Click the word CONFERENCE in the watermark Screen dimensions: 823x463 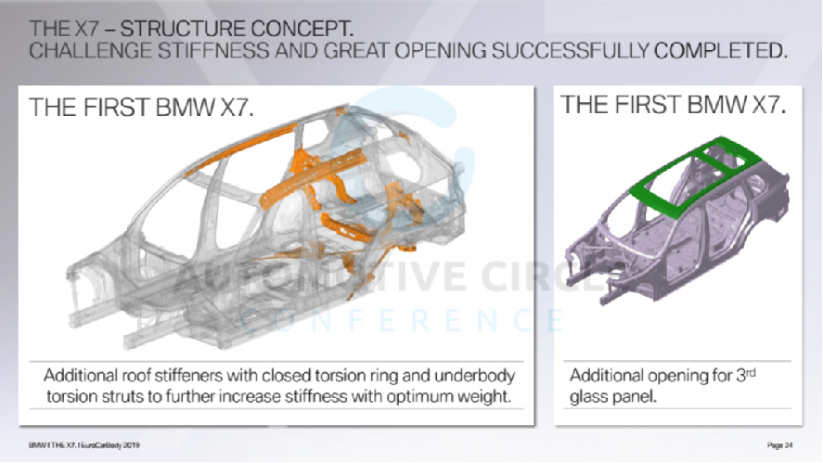(x=403, y=320)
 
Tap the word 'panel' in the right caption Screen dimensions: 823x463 (x=636, y=395)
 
